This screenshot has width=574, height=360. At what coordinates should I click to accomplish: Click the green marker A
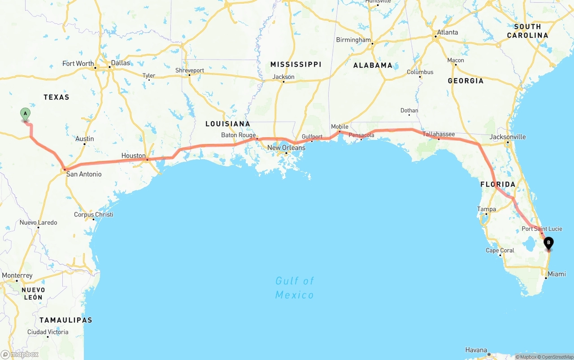(x=25, y=114)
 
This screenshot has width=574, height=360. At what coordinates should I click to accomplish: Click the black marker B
(x=548, y=243)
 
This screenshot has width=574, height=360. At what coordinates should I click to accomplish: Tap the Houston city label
(x=133, y=156)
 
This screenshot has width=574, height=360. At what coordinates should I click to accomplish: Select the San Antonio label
(x=84, y=174)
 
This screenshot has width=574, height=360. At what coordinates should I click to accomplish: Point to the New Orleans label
(x=286, y=147)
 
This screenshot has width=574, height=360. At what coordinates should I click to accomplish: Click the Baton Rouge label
(x=238, y=135)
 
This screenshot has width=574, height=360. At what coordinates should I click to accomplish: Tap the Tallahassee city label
(x=439, y=134)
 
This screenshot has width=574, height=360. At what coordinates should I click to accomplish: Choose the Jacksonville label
(x=508, y=137)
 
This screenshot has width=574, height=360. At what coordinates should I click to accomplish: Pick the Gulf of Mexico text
(x=295, y=287)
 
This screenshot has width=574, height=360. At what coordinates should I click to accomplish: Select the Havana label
(x=476, y=350)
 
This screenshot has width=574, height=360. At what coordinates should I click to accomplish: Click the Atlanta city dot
(x=435, y=36)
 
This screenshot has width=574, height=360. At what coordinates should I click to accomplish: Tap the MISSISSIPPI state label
(x=296, y=65)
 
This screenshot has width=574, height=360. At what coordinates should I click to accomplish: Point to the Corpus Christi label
(x=93, y=214)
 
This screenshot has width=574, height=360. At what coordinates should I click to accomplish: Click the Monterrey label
(x=17, y=275)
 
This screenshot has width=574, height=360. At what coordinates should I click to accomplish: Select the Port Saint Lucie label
(x=542, y=229)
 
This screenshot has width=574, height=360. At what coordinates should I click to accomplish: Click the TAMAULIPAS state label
(x=65, y=320)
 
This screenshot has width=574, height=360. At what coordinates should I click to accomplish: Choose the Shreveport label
(x=189, y=70)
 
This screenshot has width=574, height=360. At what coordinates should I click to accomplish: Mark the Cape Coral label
(x=500, y=250)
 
